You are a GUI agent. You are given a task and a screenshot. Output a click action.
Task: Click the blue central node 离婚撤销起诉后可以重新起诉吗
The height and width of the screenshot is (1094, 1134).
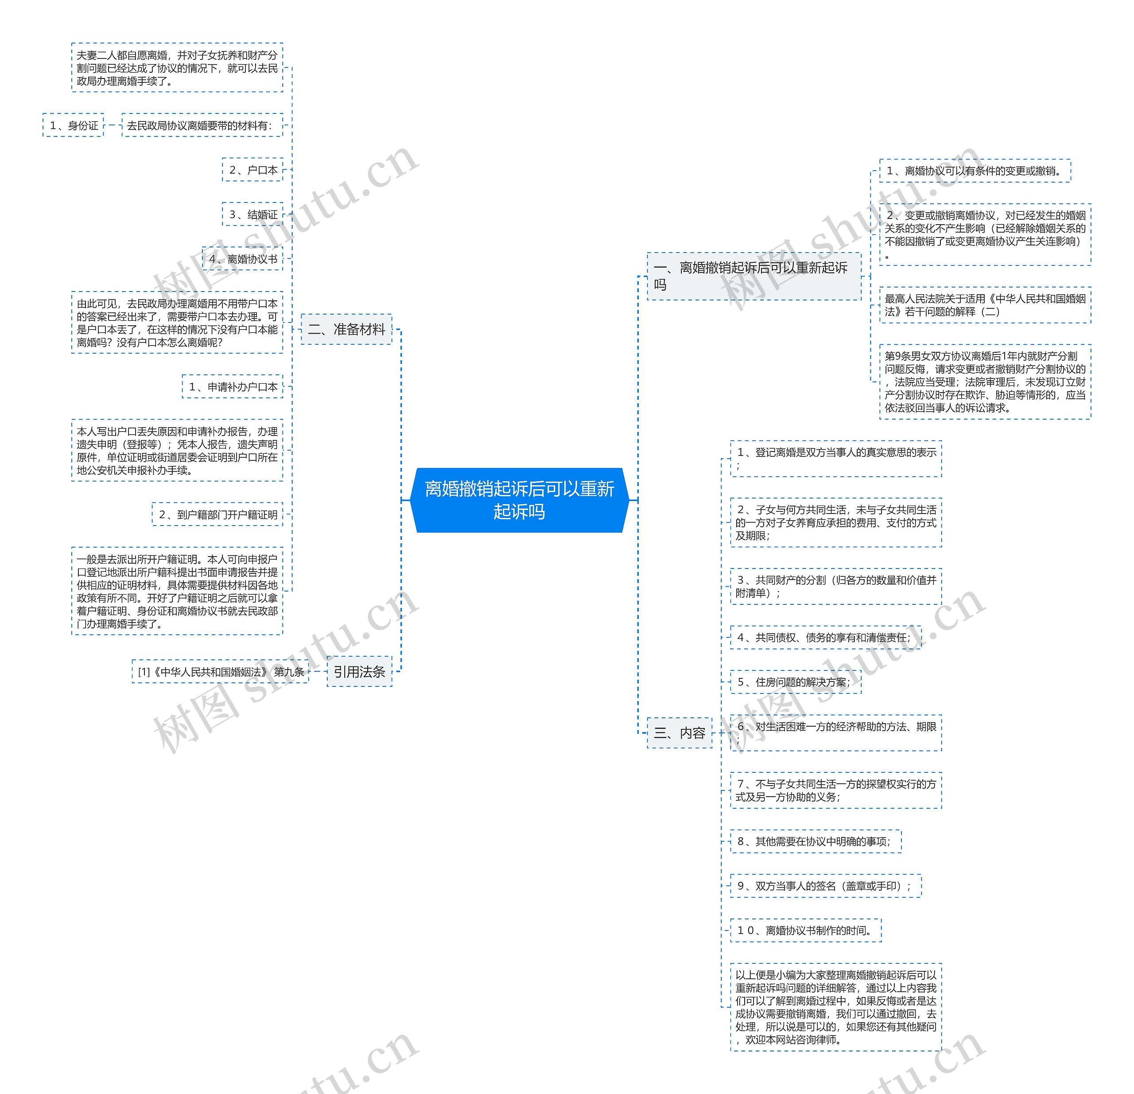519,500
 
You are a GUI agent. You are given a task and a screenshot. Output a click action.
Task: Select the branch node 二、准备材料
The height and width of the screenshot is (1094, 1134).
346,329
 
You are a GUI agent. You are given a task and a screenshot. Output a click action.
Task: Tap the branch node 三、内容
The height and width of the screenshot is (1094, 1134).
679,733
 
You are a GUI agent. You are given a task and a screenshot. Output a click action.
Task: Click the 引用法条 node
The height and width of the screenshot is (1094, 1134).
359,671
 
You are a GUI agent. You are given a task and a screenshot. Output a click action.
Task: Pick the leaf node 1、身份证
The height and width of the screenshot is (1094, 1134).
74,125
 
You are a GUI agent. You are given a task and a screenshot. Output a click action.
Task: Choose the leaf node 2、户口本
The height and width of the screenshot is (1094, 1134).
253,170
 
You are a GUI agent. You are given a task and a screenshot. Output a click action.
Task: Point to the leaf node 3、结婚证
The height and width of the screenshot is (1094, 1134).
253,214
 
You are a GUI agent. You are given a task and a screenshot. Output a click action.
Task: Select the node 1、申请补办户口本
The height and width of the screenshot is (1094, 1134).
233,387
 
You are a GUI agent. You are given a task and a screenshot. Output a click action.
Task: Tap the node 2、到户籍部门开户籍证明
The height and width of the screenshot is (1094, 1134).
217,514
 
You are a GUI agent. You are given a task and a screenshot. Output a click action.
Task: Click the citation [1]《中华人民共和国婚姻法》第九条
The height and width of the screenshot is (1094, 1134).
221,671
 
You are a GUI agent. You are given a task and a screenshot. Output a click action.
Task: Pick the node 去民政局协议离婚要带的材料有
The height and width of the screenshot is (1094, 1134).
202,125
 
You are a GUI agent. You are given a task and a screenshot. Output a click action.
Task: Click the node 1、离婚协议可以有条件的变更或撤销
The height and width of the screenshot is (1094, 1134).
975,171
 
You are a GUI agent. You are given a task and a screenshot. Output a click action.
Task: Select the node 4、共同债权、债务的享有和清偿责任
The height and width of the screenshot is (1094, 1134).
826,637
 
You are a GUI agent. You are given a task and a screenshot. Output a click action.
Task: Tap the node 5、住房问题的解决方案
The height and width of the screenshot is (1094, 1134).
796,682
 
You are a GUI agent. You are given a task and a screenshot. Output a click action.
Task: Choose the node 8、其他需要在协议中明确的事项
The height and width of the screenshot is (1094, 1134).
815,841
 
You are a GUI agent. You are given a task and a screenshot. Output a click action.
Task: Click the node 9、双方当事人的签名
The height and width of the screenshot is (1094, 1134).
826,886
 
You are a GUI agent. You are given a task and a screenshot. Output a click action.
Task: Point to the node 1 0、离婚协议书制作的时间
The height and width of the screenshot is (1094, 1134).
805,930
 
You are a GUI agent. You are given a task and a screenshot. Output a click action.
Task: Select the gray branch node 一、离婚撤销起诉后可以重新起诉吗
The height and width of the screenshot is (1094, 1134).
753,276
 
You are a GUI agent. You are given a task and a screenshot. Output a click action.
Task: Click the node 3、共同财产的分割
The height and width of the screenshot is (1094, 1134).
836,586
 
